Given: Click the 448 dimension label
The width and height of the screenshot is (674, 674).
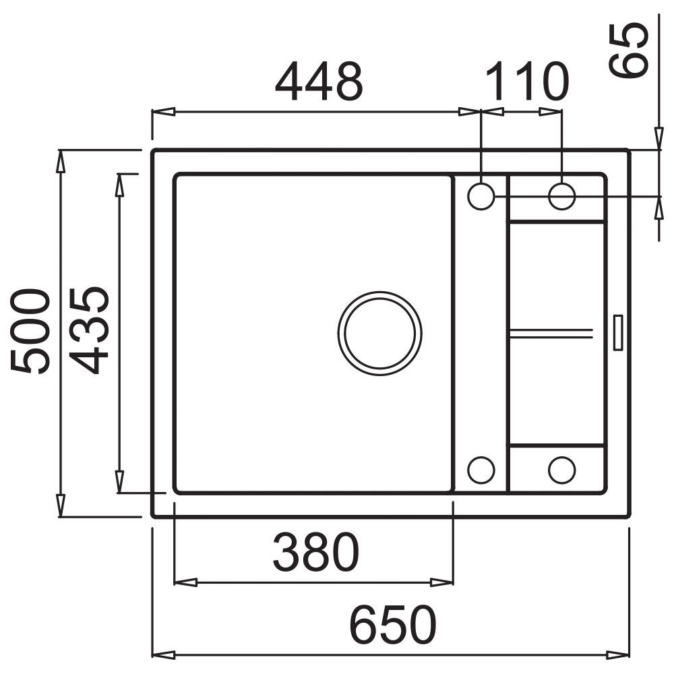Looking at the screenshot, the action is point(319,82).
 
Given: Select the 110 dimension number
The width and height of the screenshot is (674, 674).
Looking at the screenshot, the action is point(527,81).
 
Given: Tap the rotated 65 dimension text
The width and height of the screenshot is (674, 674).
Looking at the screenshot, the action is point(628,50).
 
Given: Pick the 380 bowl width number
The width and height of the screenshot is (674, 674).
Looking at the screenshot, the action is point(316,552).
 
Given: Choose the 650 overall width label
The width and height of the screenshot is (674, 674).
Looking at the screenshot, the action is point(393,625).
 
